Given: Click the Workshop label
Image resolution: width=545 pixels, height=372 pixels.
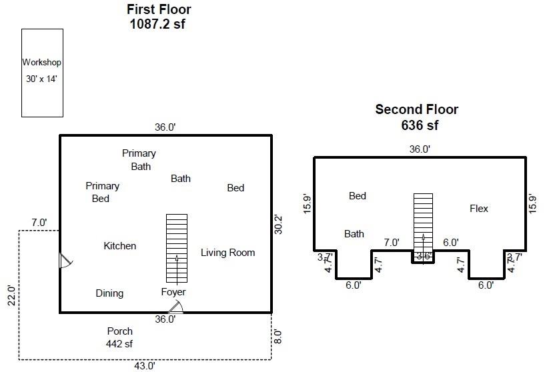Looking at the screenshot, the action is [x=42, y=62].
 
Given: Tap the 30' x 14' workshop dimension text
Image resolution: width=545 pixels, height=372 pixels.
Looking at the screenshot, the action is [x=41, y=79].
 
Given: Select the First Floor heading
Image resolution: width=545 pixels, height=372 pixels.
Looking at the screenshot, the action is [x=159, y=9].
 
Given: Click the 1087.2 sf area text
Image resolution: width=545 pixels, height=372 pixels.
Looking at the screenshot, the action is [x=157, y=24].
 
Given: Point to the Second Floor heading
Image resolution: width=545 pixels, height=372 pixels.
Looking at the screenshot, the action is [x=417, y=109].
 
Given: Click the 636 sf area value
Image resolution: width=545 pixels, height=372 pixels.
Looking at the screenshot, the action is [x=420, y=125].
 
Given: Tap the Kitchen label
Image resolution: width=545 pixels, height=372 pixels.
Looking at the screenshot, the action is [x=120, y=246].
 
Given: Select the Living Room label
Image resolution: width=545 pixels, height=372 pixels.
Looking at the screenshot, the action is [x=228, y=253].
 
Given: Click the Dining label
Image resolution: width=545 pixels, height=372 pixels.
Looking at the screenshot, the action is [x=109, y=293].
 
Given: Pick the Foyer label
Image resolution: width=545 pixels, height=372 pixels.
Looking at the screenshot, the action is [x=173, y=292].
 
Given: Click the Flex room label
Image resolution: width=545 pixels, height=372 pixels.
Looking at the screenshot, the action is [x=479, y=209].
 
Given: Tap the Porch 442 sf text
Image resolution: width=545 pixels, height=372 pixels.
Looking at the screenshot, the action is [x=119, y=337].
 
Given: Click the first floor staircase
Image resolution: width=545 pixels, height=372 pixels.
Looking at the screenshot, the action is [x=177, y=249].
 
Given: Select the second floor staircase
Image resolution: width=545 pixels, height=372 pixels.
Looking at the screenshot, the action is [x=424, y=229].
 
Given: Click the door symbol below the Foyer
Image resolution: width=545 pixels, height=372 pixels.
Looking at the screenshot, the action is [x=176, y=307].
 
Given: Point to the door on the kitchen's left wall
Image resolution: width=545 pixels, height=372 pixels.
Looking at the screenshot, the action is [x=66, y=261].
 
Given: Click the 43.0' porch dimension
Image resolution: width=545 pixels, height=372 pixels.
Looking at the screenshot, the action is [x=145, y=366].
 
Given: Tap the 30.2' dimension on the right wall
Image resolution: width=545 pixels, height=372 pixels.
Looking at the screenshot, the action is [x=278, y=225].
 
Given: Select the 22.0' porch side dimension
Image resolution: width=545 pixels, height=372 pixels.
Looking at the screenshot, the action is [x=11, y=295].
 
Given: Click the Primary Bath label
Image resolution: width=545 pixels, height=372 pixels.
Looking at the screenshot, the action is [x=139, y=160].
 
